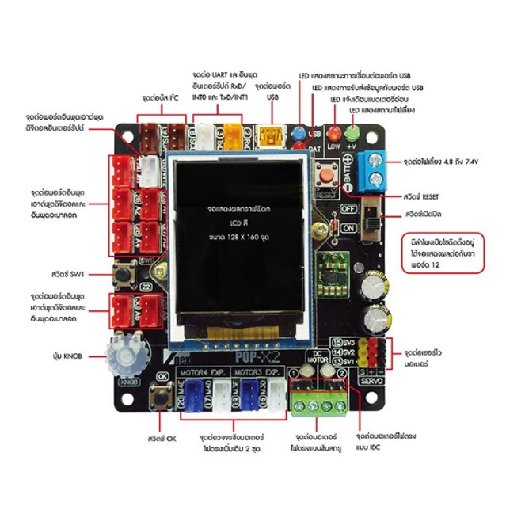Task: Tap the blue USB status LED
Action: (x=299, y=132)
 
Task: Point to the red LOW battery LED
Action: (x=333, y=133)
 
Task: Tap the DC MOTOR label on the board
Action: (x=320, y=357)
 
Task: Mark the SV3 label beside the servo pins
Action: (x=347, y=341)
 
